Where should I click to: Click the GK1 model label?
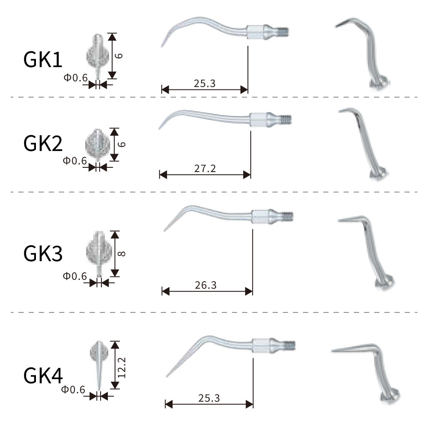(x=43, y=59)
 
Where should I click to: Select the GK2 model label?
(x=43, y=143)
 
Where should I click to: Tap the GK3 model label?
(x=43, y=253)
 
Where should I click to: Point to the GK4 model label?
(x=43, y=375)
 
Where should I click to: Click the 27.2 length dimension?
(x=205, y=168)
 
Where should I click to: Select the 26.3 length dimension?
(x=205, y=285)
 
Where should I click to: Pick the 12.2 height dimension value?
(x=122, y=368)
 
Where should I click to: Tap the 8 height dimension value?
(x=122, y=254)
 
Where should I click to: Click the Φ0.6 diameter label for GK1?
(x=76, y=78)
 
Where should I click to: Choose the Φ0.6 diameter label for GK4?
(x=73, y=389)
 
